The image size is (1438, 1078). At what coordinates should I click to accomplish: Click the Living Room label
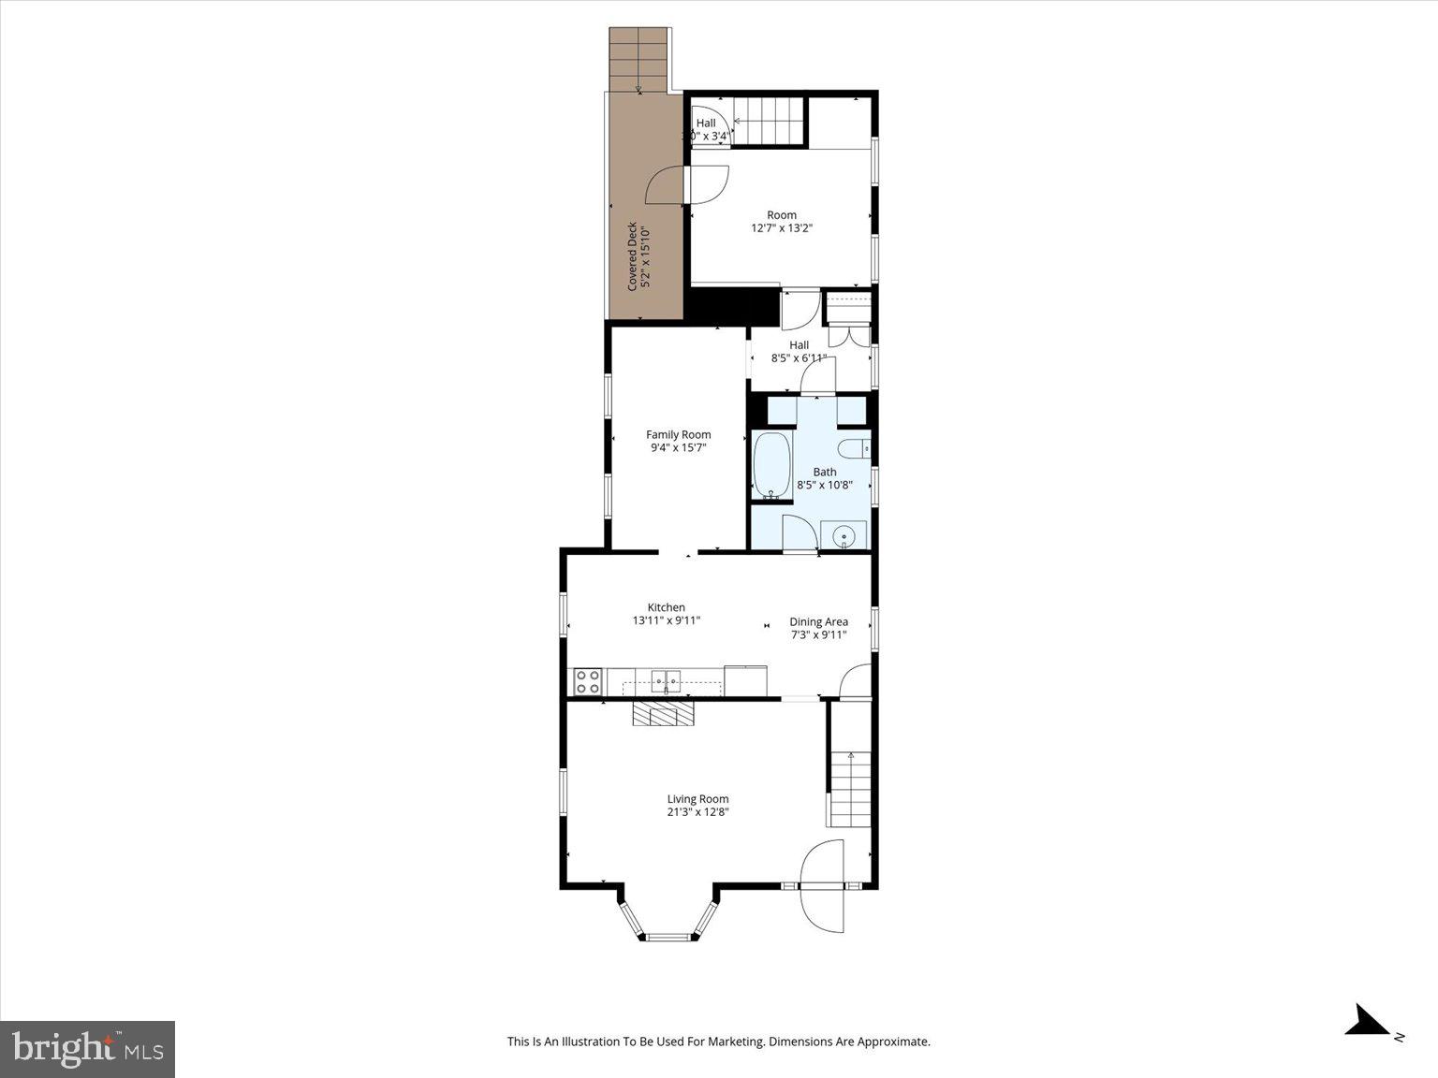697,799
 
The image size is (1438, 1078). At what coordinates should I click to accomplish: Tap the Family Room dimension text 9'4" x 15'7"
678,448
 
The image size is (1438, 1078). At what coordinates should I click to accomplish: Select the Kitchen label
666,607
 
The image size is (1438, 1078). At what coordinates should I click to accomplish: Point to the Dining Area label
818,621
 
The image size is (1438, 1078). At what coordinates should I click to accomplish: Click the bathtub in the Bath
772,465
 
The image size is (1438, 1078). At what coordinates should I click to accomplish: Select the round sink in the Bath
844,537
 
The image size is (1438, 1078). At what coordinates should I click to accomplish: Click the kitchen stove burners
588,681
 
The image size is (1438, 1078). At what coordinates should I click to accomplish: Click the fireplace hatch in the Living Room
664,715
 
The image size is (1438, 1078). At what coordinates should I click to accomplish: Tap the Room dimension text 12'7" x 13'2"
782,227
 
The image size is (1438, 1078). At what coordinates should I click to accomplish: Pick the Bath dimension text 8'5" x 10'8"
825,485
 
